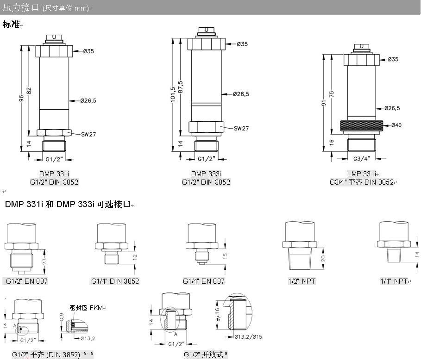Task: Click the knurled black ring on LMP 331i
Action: click(x=363, y=125)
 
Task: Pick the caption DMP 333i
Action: click(x=206, y=174)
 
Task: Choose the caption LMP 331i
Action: click(x=362, y=174)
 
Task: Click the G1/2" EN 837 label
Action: click(x=27, y=281)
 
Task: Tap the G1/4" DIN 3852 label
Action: click(x=115, y=281)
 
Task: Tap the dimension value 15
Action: click(x=226, y=256)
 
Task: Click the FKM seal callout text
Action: click(x=87, y=308)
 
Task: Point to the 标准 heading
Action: click(x=11, y=25)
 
